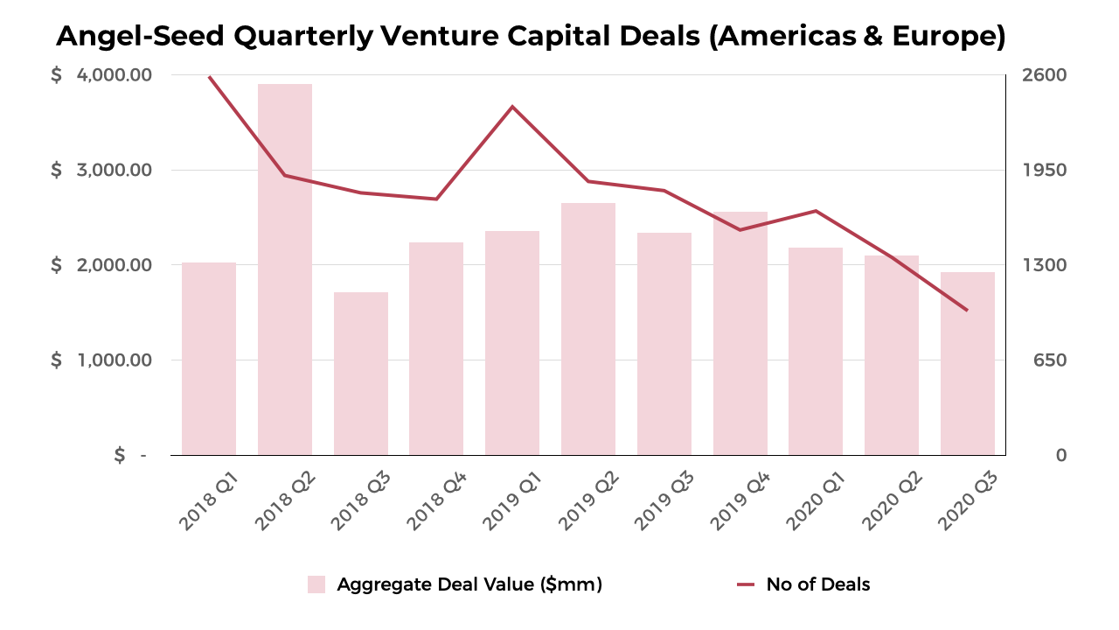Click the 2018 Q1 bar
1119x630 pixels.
(209, 359)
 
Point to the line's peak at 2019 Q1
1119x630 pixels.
(512, 107)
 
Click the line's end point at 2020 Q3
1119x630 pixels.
(967, 310)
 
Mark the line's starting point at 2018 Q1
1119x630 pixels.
(210, 77)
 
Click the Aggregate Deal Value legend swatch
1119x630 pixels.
(316, 584)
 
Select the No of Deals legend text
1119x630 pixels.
(817, 584)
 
